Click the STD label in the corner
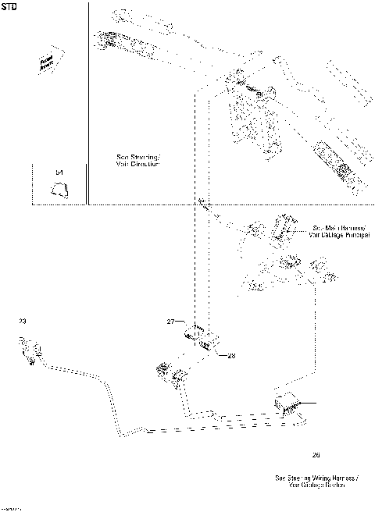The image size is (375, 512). [9, 9]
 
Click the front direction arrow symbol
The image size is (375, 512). [50, 63]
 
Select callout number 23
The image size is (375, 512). [22, 321]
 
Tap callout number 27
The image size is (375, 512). [171, 321]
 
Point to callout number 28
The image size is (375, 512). [231, 355]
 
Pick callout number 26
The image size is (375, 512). [316, 453]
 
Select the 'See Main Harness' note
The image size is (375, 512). [337, 229]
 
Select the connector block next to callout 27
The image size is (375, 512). [202, 339]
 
